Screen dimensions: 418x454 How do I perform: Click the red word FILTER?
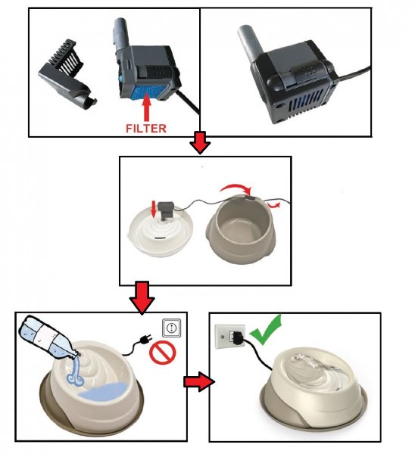[x=146, y=129]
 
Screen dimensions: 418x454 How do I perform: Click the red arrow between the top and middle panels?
[x=200, y=142]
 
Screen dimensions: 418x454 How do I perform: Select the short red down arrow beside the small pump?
[x=154, y=209]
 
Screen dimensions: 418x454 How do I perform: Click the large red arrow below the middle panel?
[x=142, y=298]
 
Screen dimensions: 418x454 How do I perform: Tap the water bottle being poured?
[x=47, y=337]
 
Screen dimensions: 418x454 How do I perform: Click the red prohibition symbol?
[x=163, y=353]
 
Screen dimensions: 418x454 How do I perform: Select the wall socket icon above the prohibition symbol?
[x=171, y=328]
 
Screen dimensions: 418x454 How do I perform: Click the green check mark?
[x=265, y=331]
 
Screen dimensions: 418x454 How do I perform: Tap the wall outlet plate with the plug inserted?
[x=229, y=337]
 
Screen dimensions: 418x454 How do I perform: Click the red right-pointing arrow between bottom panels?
[x=199, y=381]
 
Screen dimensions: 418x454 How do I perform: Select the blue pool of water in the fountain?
[x=105, y=391]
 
